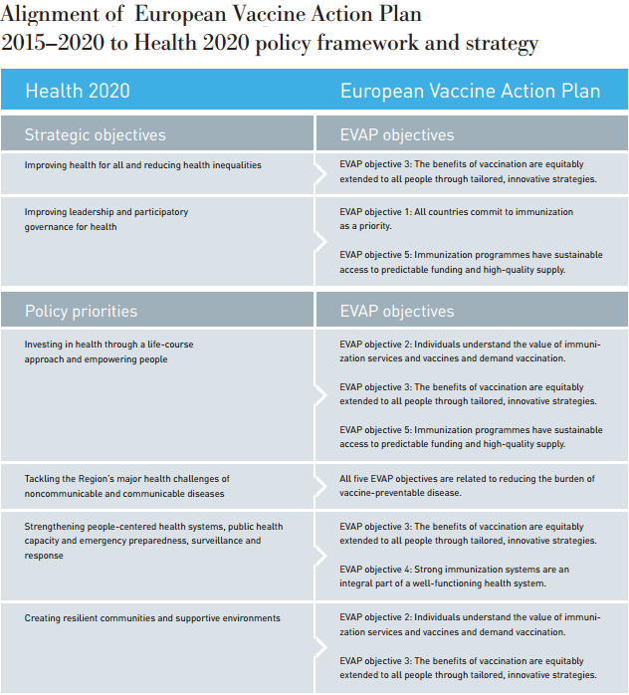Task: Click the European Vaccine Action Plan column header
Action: click(x=470, y=92)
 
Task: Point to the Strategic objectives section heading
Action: click(x=95, y=134)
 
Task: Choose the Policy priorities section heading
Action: click(x=81, y=311)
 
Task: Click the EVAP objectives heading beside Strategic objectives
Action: click(x=396, y=134)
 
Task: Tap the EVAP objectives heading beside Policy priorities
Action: click(x=396, y=311)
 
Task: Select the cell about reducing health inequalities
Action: click(x=143, y=165)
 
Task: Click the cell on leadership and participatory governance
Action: click(x=106, y=219)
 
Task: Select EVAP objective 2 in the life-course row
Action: click(x=469, y=350)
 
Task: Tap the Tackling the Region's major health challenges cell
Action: click(x=126, y=486)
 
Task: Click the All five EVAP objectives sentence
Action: click(x=467, y=486)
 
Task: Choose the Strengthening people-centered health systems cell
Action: click(x=153, y=541)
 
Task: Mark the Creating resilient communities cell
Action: click(x=152, y=618)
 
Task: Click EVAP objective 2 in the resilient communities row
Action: click(x=469, y=624)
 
